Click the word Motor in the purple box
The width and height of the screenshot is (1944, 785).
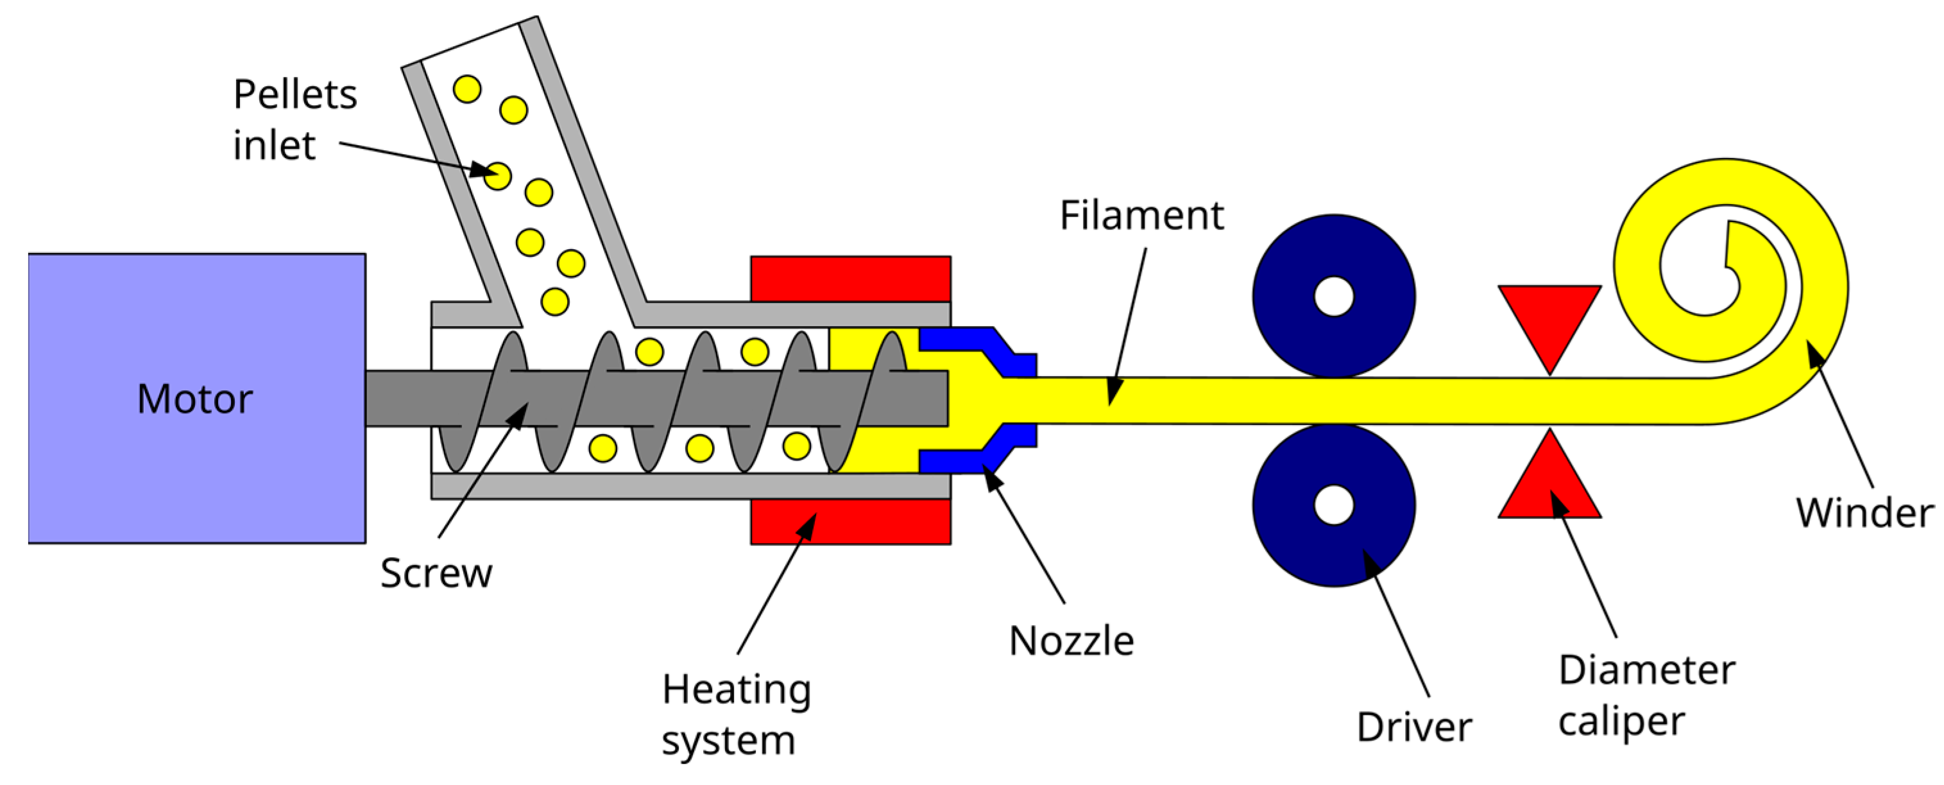click(194, 399)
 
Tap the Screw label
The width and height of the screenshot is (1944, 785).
click(436, 573)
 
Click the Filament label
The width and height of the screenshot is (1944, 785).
click(1141, 215)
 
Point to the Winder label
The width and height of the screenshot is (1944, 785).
click(1864, 513)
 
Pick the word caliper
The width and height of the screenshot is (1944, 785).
click(1621, 721)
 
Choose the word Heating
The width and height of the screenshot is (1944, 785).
click(737, 689)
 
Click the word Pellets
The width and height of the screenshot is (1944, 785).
click(295, 94)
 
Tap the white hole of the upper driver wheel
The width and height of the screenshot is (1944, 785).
click(1333, 297)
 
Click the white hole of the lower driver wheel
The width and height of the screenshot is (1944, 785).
click(1333, 505)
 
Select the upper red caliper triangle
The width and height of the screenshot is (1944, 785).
click(1549, 317)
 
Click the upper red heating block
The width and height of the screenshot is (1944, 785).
click(851, 279)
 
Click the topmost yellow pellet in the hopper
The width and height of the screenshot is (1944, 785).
click(467, 89)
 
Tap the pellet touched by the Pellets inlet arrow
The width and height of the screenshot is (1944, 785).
click(497, 176)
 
